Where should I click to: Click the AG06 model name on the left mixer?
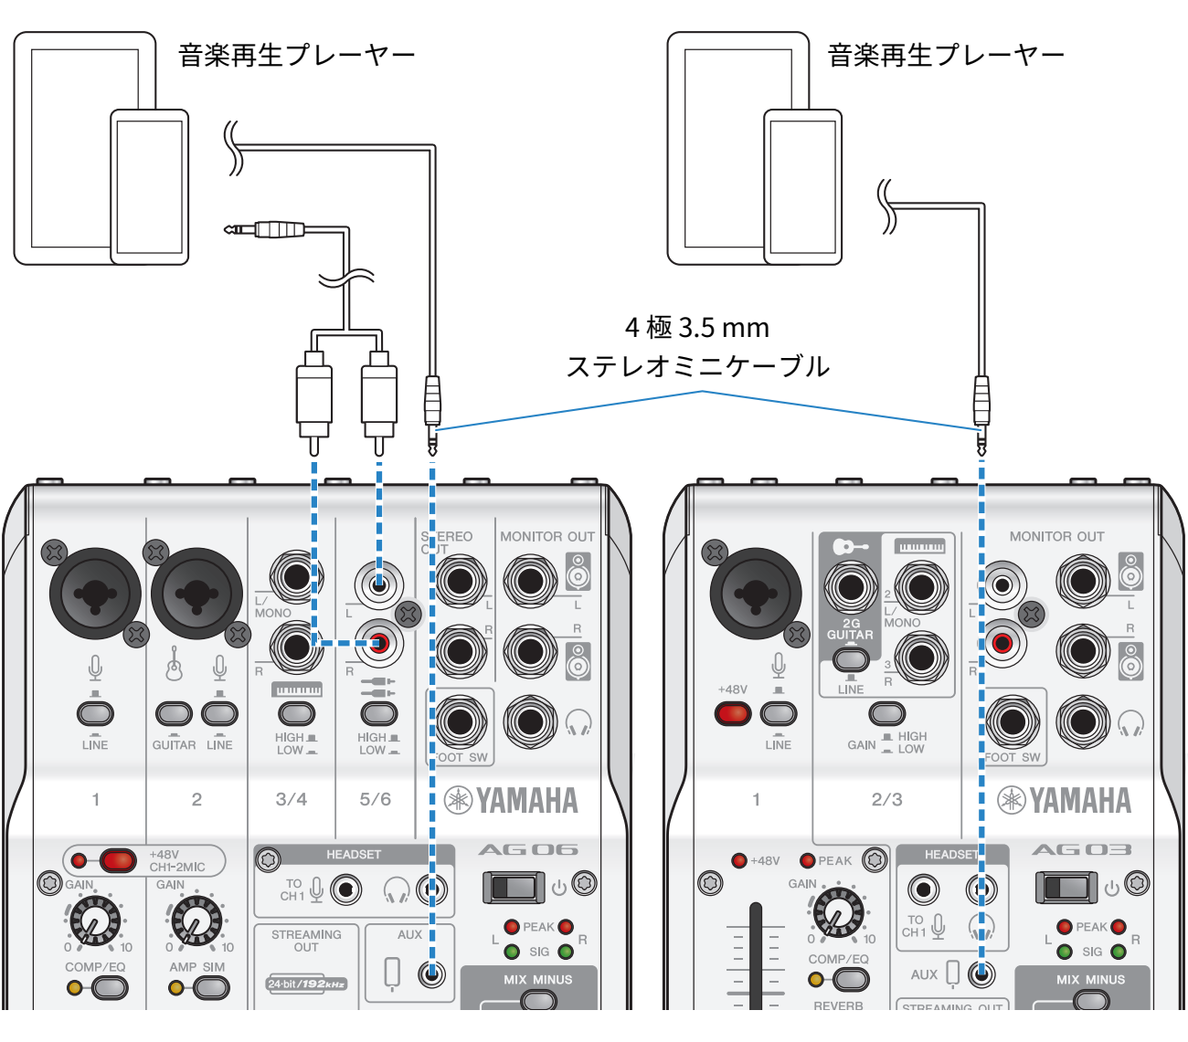(x=528, y=850)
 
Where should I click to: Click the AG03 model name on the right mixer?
(x=1081, y=850)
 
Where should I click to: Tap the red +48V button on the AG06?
(x=117, y=860)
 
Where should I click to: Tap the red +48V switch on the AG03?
(x=733, y=713)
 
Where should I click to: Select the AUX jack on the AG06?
(x=431, y=974)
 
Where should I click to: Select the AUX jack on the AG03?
(x=982, y=974)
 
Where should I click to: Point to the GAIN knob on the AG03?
(x=837, y=910)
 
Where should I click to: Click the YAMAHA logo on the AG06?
(x=511, y=801)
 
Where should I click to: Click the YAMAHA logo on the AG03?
(x=1064, y=801)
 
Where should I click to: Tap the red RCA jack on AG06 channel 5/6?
(x=379, y=644)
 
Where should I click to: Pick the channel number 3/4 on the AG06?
(x=292, y=799)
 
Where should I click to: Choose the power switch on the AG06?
(x=513, y=887)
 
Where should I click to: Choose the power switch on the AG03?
(x=1066, y=887)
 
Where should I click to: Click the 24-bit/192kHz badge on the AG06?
(x=306, y=984)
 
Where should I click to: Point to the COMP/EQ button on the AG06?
(x=109, y=987)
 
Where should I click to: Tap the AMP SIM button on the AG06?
(x=210, y=987)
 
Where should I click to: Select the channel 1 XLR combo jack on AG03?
(x=754, y=592)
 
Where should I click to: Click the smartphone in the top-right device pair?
(x=802, y=187)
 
